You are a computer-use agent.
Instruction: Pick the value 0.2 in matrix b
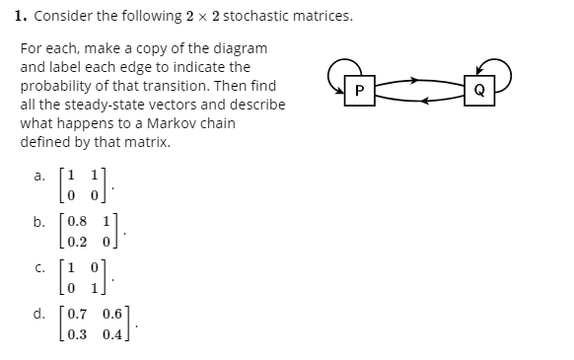74,242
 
